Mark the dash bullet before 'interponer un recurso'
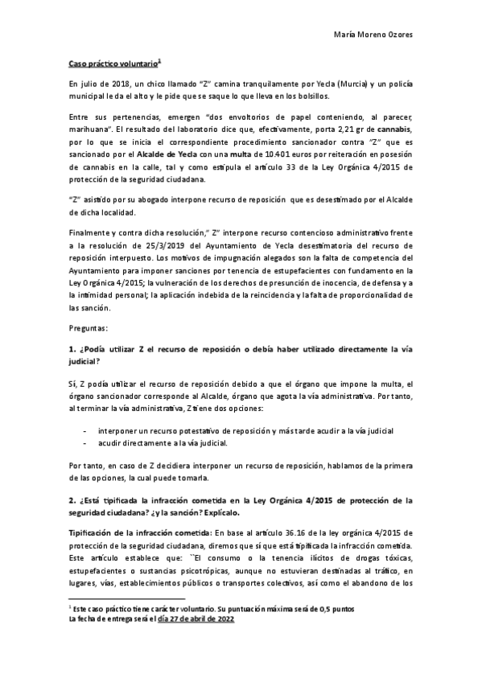click(x=86, y=431)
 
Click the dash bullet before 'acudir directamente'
click(x=86, y=442)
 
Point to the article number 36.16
click(x=293, y=533)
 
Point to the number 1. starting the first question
click(x=72, y=351)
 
